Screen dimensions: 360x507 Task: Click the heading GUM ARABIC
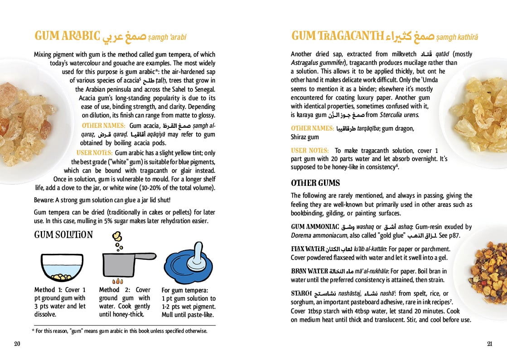click(67, 36)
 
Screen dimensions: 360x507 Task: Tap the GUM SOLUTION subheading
click(63, 235)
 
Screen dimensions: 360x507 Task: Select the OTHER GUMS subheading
click(315, 183)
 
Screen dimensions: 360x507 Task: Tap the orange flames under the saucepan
click(117, 281)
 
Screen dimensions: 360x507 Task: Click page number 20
click(17, 344)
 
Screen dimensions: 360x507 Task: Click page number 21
click(489, 344)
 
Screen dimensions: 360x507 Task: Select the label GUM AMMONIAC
click(315, 227)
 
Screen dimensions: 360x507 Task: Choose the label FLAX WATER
click(308, 249)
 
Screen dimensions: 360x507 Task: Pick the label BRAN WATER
click(309, 271)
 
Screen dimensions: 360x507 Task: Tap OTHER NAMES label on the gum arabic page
click(103, 125)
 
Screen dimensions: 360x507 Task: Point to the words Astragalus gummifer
click(318, 63)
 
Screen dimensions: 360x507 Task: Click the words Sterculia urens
click(400, 115)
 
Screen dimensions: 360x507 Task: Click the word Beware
click(44, 200)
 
